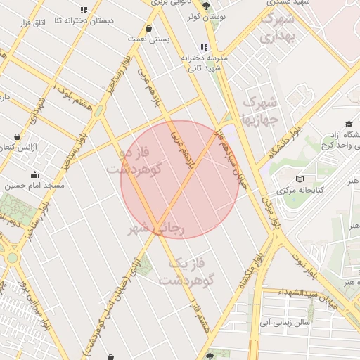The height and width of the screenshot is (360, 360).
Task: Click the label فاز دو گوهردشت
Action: (x=135, y=161)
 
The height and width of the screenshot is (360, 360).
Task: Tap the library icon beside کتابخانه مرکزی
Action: (x=301, y=179)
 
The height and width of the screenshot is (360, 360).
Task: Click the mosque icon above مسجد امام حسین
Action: (x=34, y=175)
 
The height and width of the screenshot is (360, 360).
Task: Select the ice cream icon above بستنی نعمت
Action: (x=149, y=30)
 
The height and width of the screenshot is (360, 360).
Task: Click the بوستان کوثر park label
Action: (x=203, y=15)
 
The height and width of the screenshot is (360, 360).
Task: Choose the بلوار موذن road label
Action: (x=271, y=211)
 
